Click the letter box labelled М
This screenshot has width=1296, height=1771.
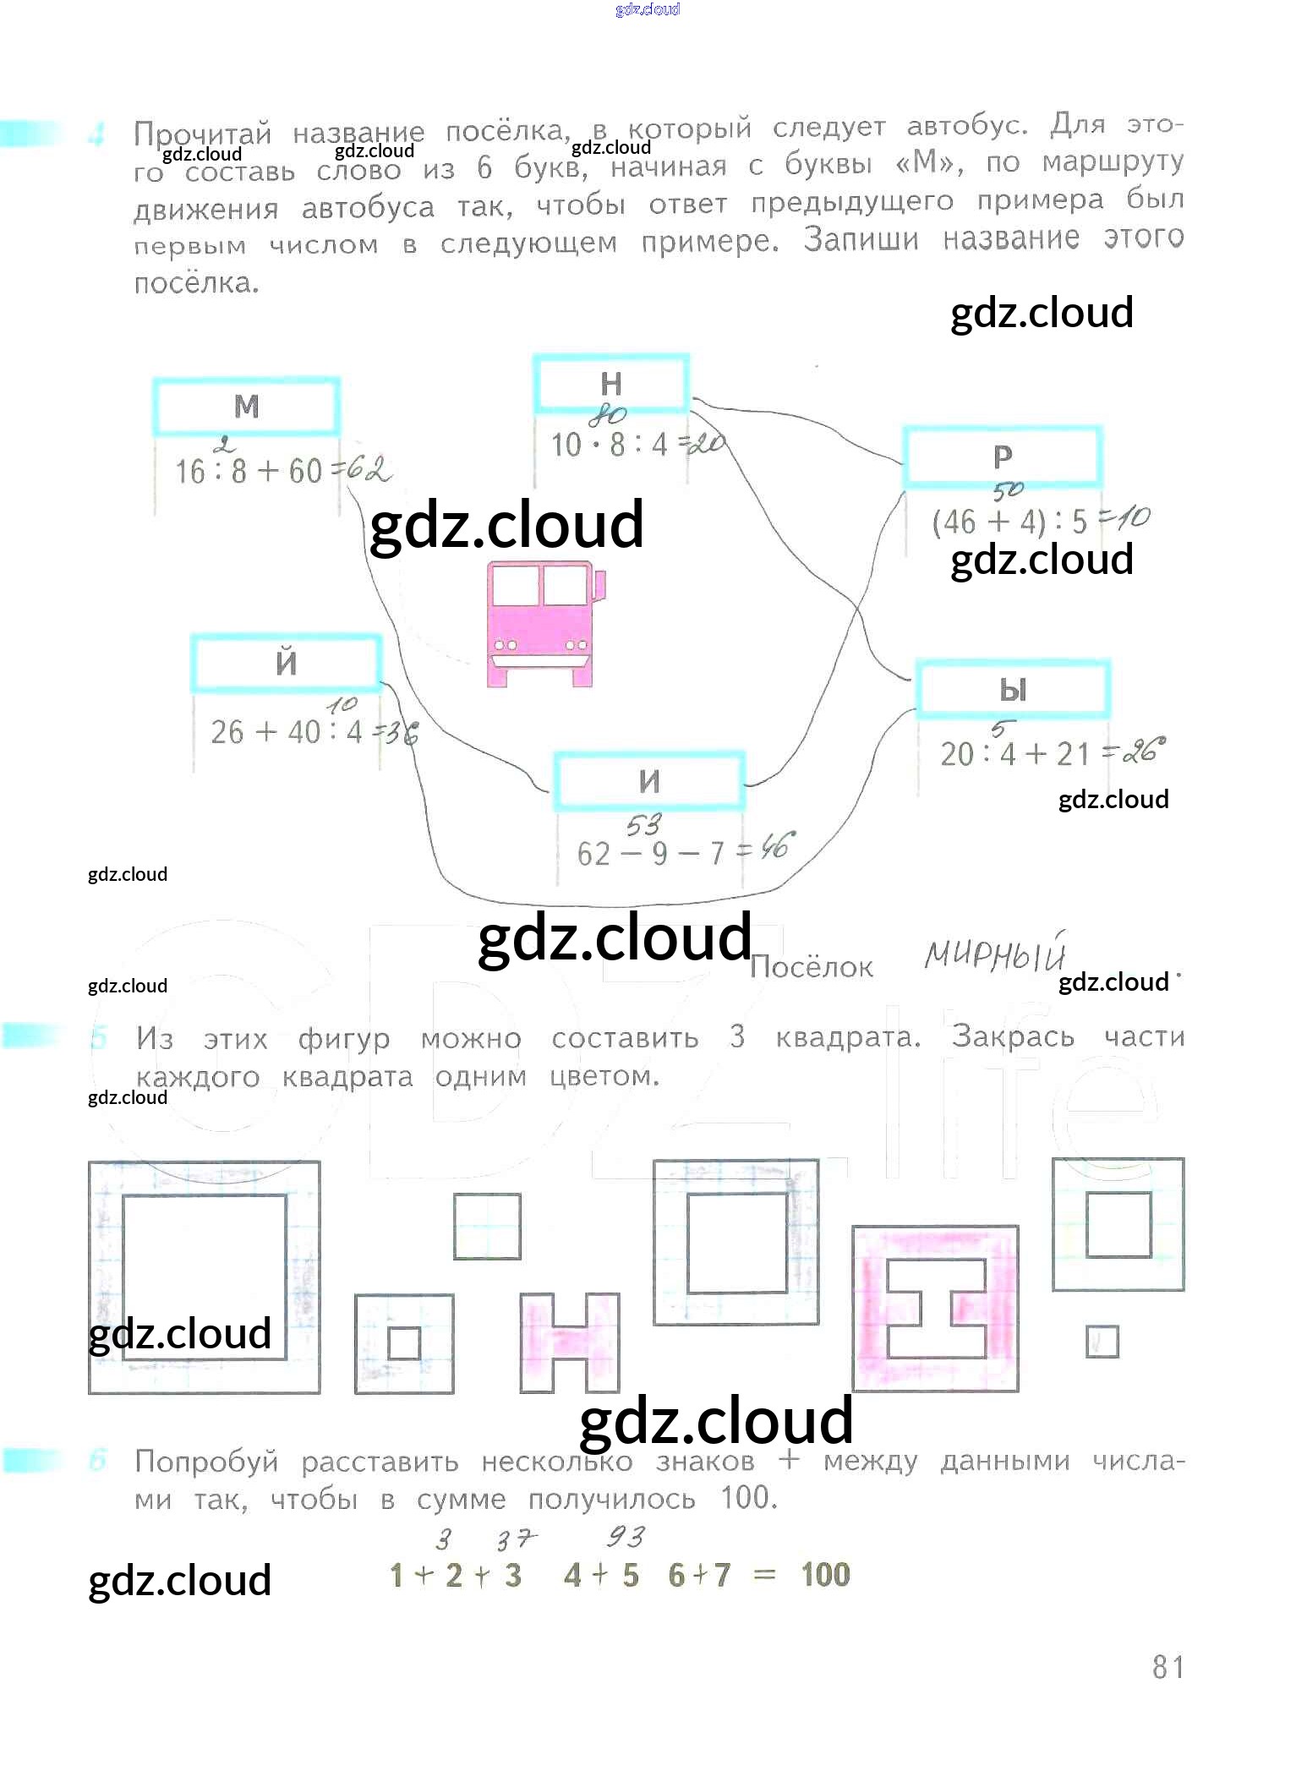[x=246, y=407]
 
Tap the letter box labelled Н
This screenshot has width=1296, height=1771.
[x=610, y=384]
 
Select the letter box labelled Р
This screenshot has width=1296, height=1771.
[x=1002, y=456]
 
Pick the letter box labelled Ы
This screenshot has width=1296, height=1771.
[x=1013, y=690]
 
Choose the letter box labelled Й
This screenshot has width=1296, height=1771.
[x=286, y=663]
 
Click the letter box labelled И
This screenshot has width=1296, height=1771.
[x=648, y=781]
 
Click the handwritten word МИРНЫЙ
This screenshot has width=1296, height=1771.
[x=994, y=955]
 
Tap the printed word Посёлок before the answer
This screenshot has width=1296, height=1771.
[x=811, y=967]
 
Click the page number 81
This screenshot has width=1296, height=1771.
[x=1167, y=1666]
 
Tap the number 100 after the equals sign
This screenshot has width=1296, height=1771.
[x=825, y=1574]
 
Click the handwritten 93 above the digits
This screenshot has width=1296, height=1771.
[x=625, y=1536]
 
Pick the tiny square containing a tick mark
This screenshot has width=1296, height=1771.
[x=1102, y=1342]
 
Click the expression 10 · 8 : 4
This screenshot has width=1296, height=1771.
[x=609, y=445]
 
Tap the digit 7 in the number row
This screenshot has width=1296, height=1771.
[x=721, y=1575]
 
